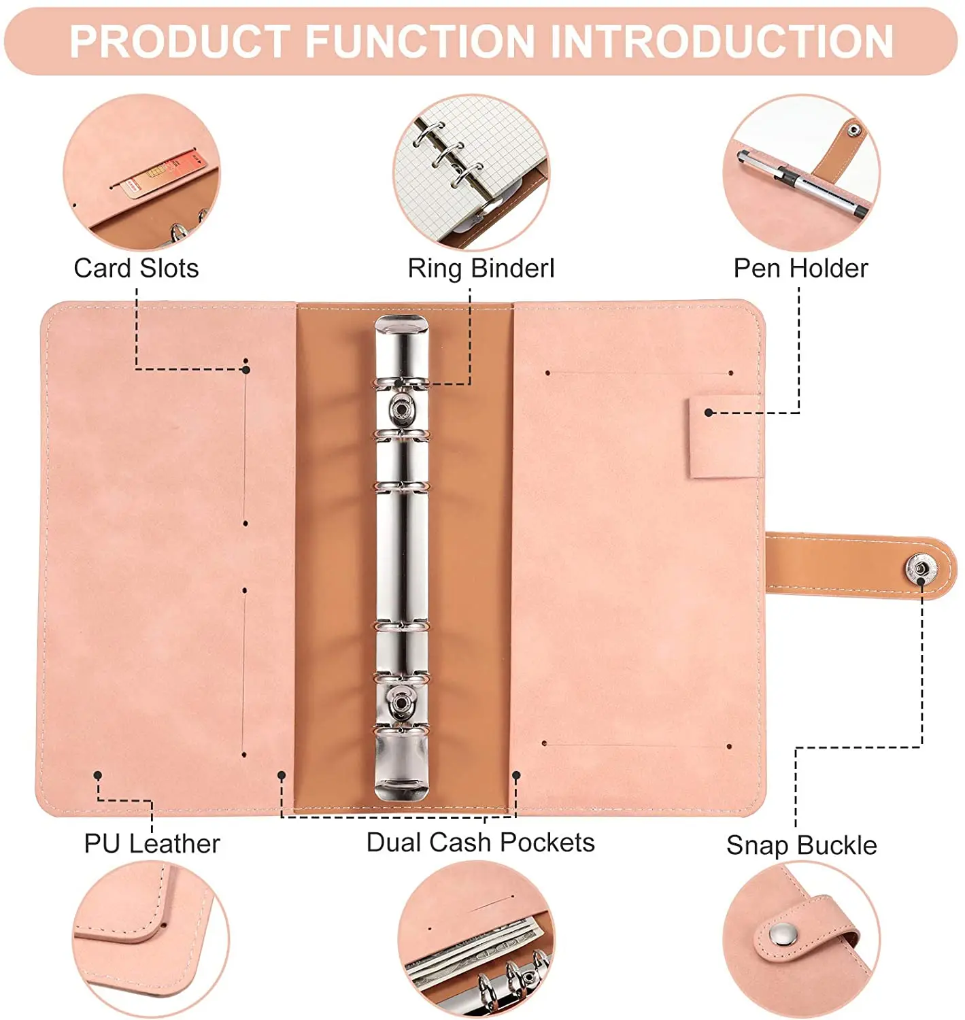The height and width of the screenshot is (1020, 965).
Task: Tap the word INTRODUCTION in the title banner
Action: (x=722, y=41)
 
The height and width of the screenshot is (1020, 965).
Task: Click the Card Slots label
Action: (x=136, y=268)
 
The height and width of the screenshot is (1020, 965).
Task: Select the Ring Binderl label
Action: (x=481, y=268)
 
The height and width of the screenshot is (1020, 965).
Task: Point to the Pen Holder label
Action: (x=800, y=268)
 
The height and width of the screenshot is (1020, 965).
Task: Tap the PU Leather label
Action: (x=152, y=843)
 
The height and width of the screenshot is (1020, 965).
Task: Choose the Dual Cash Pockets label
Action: (x=480, y=842)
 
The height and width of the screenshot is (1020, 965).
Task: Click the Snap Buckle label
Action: (x=801, y=845)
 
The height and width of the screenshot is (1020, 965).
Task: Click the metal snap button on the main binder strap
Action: (x=920, y=568)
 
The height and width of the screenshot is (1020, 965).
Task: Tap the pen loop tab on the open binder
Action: (x=725, y=437)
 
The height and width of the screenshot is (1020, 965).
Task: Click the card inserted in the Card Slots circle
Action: (x=165, y=173)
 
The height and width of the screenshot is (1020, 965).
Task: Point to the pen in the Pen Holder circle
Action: (x=802, y=184)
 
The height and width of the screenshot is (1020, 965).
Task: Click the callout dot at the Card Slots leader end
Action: (x=246, y=369)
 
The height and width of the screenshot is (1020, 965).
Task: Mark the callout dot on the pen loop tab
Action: (x=709, y=413)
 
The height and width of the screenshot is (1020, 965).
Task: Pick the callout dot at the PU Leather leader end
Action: (x=98, y=775)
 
